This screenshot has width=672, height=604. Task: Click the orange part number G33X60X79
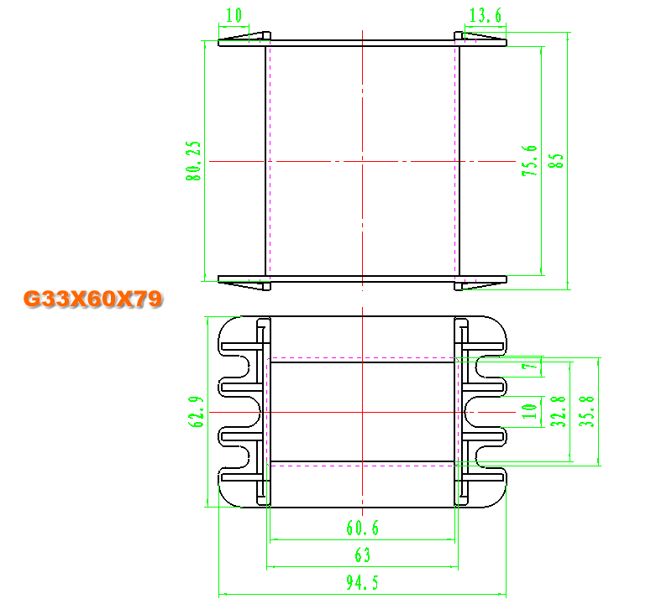[x=93, y=299]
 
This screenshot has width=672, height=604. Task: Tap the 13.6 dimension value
[x=486, y=15]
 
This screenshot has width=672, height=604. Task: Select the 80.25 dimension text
[x=193, y=161]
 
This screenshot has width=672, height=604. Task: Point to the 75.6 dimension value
[x=530, y=161]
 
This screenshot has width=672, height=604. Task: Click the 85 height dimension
[x=556, y=161]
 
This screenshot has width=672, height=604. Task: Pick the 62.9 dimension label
[x=196, y=412]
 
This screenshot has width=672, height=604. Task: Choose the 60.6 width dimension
[x=363, y=528]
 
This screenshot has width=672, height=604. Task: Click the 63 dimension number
[x=363, y=555]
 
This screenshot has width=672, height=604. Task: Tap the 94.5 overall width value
[x=363, y=582]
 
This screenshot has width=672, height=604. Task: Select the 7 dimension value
[x=530, y=367]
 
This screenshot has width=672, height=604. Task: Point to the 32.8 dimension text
[x=559, y=412]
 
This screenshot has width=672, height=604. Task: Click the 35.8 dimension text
[x=586, y=412]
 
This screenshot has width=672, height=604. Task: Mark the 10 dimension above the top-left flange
[x=234, y=15]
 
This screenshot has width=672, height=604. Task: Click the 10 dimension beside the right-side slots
[x=530, y=412]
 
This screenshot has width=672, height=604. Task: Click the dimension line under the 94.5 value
[x=363, y=594]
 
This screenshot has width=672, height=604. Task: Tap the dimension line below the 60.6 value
[x=363, y=539]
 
